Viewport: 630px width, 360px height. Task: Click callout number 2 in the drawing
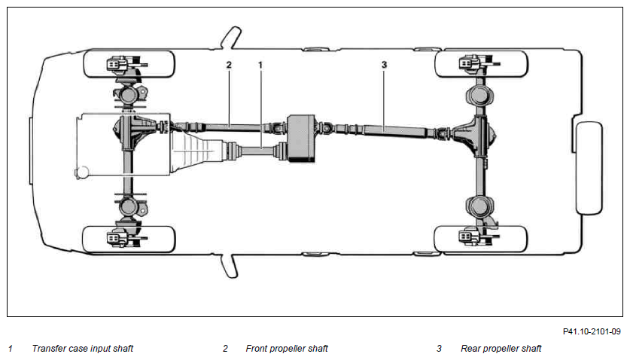point(229,65)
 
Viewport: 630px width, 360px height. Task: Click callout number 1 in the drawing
point(260,65)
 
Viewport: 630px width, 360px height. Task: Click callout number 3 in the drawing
point(384,64)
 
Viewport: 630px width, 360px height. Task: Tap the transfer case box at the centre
point(301,139)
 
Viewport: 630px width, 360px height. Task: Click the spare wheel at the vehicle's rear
point(589,168)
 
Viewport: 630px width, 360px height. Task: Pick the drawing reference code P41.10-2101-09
point(592,331)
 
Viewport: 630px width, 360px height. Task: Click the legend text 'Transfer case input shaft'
point(82,349)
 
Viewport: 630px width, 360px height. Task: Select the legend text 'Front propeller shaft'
point(287,349)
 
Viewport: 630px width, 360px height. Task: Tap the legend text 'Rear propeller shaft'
point(501,349)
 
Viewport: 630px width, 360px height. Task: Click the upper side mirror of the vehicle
point(230,38)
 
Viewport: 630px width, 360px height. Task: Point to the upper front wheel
point(129,64)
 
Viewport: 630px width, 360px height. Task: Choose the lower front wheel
point(129,239)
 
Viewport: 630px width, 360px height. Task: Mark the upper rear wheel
point(481,63)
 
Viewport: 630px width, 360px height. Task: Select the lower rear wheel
point(480,239)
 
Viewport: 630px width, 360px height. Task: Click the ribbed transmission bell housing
point(197,153)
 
